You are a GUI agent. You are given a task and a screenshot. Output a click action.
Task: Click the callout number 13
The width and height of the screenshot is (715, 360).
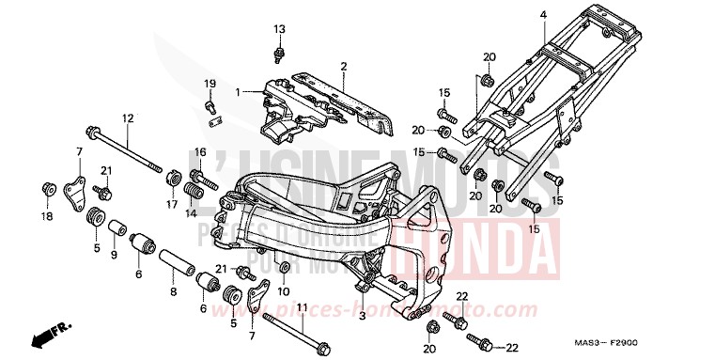[x=279, y=29]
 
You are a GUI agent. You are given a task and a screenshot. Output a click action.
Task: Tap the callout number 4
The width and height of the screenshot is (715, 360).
[x=542, y=15]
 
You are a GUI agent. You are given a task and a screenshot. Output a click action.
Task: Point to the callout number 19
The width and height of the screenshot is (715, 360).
[x=210, y=85]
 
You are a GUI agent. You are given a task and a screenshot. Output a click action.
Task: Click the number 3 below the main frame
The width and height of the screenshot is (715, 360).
[x=362, y=316]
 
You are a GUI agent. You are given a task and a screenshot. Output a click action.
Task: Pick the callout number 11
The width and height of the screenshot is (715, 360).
[x=302, y=307]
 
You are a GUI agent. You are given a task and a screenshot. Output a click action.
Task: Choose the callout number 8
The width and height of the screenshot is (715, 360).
[x=173, y=292]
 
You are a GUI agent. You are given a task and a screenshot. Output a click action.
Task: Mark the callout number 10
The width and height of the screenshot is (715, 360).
[x=284, y=291]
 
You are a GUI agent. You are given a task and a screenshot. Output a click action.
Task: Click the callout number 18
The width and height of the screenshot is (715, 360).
[x=47, y=217]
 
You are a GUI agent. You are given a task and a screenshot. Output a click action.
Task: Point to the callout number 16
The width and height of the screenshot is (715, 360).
[x=199, y=152]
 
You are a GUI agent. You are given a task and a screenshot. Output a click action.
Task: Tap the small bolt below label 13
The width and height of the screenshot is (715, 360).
[x=279, y=52]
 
